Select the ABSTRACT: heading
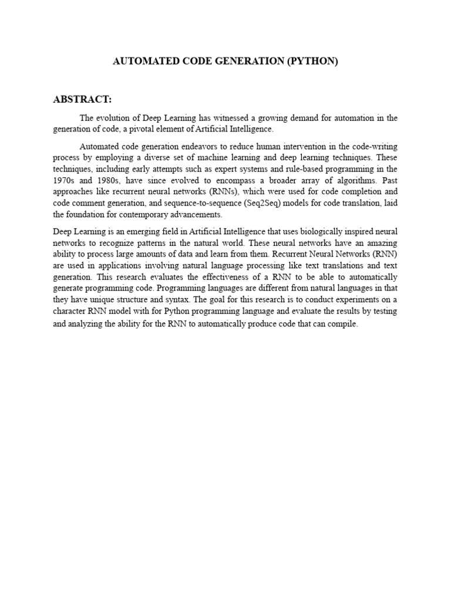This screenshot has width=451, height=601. coord(82,100)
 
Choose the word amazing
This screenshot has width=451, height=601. coord(381,242)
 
